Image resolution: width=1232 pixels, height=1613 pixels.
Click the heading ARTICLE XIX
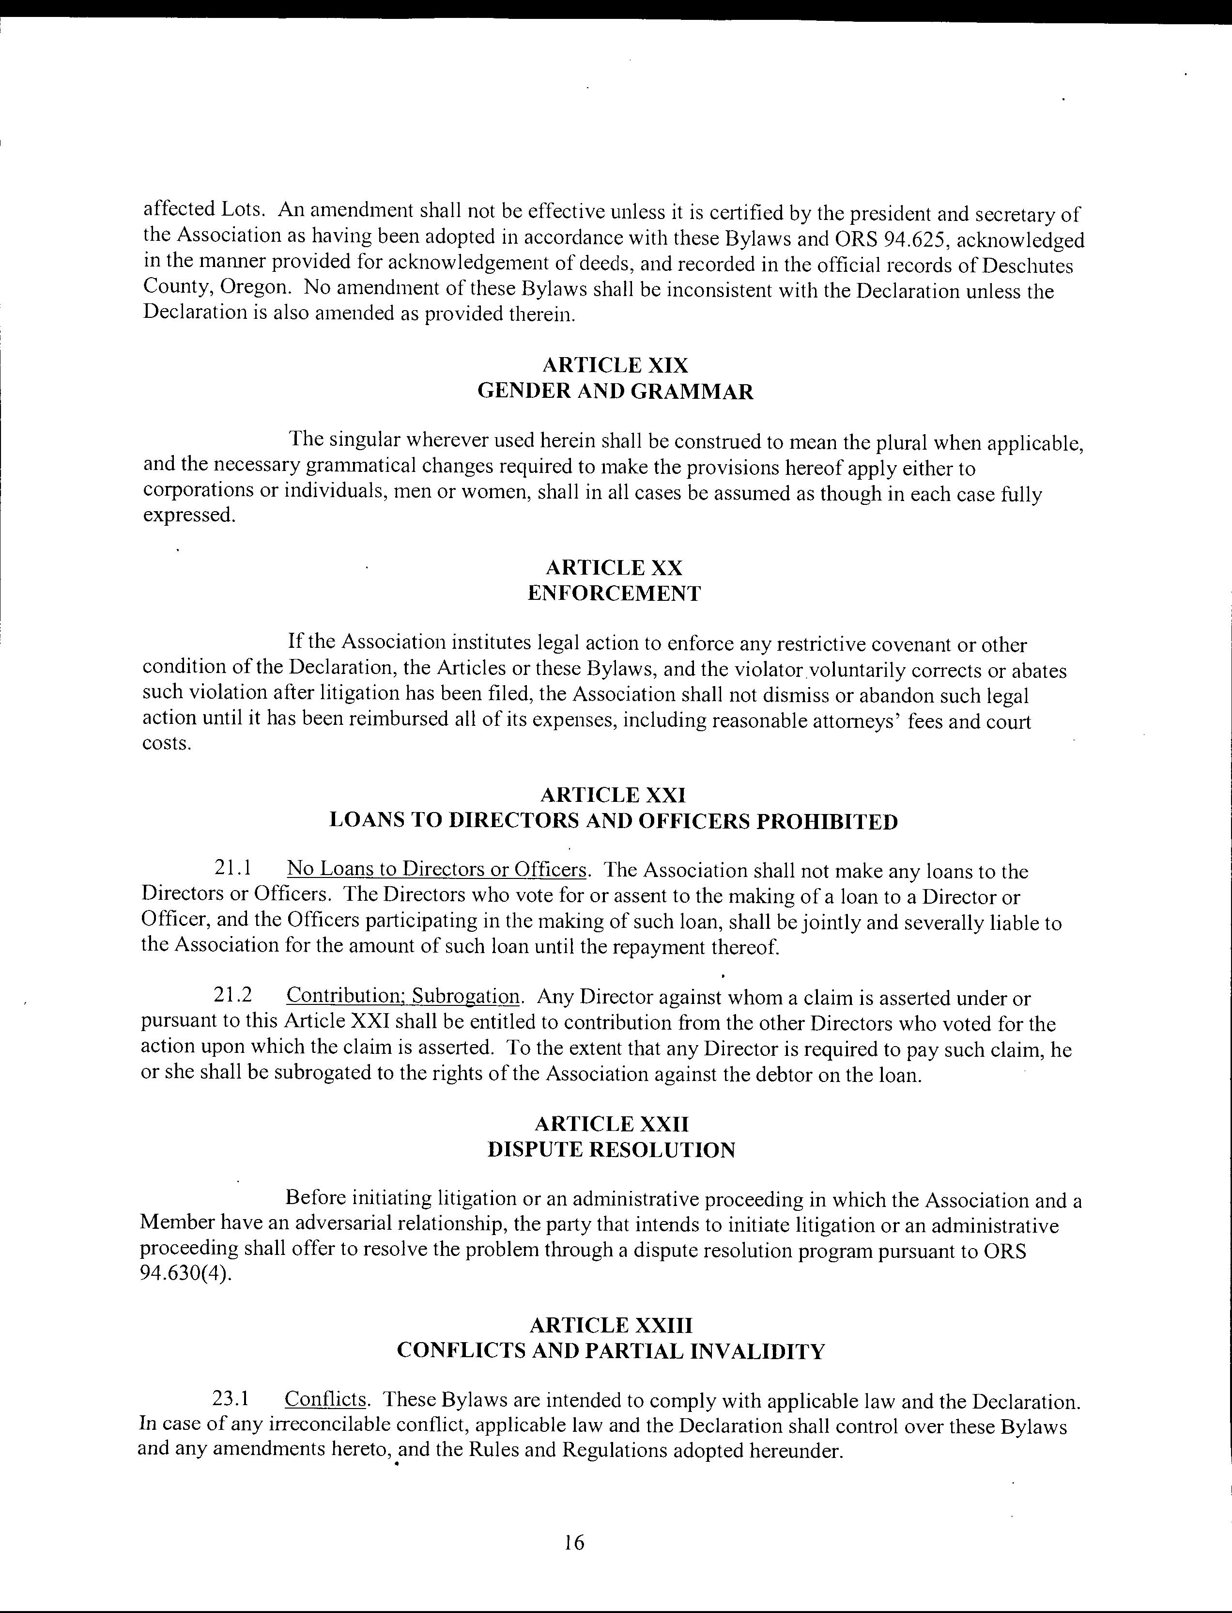click(x=615, y=365)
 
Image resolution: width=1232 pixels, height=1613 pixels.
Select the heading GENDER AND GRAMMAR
click(x=615, y=391)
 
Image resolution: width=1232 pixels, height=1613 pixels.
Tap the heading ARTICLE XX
click(x=615, y=568)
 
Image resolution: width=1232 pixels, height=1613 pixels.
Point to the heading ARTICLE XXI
click(x=613, y=795)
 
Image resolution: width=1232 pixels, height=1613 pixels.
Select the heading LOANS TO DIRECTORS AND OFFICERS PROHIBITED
click(x=614, y=821)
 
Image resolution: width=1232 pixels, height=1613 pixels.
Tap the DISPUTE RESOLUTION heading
click(x=612, y=1149)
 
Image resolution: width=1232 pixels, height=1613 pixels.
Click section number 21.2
click(x=232, y=995)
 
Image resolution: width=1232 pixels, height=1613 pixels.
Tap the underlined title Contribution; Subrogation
click(x=403, y=996)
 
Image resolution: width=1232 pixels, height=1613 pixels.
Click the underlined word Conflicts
click(x=325, y=1399)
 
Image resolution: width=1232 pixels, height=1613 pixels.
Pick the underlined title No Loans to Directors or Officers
click(x=437, y=869)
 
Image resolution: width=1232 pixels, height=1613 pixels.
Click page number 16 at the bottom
click(x=574, y=1543)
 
